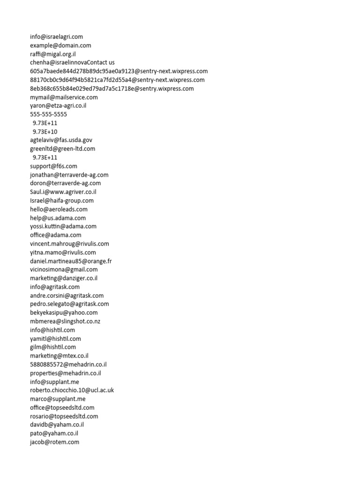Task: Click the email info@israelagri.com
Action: coord(56,37)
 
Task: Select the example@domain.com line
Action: coord(60,45)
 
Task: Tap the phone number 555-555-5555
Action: coord(48,114)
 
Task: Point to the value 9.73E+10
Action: coord(45,132)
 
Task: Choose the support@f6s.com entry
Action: coord(53,166)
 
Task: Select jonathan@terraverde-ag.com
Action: coord(69,175)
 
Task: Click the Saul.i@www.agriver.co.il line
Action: coord(63,192)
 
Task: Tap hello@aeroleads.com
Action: coord(59,209)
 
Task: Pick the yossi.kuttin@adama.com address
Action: coord(63,226)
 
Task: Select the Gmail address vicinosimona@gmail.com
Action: coord(64,270)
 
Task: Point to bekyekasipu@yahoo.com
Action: coord(64,313)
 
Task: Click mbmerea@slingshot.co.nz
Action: coord(65,321)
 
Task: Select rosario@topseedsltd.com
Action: coord(64,416)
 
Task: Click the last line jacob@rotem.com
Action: coord(54,442)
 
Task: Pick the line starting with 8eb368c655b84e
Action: coord(112,89)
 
